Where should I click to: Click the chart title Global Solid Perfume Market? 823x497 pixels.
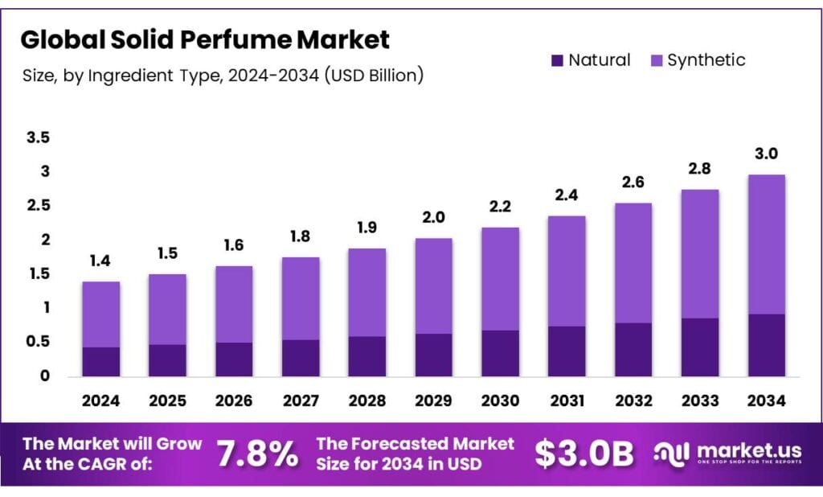pos(205,39)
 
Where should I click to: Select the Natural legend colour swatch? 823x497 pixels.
pos(558,60)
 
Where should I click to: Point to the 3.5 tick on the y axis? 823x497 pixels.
pos(38,138)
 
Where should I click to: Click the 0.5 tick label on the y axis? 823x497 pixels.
pos(38,342)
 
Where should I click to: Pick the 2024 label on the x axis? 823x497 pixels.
pos(100,400)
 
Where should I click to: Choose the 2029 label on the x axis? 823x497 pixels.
pos(433,400)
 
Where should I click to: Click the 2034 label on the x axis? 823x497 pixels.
pos(766,400)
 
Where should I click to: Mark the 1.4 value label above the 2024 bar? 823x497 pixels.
pos(100,261)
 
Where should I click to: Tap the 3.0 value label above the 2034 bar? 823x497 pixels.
pos(766,154)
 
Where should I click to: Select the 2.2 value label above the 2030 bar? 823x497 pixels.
pos(500,207)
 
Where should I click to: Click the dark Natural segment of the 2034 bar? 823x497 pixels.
pos(766,345)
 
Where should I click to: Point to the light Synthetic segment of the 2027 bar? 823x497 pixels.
pos(300,298)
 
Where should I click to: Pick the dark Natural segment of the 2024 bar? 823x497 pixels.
pos(100,361)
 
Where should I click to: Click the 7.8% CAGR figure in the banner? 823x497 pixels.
pos(257,454)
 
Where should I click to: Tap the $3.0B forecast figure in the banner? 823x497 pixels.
pos(584,454)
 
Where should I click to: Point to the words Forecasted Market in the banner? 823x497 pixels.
pos(415,444)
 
